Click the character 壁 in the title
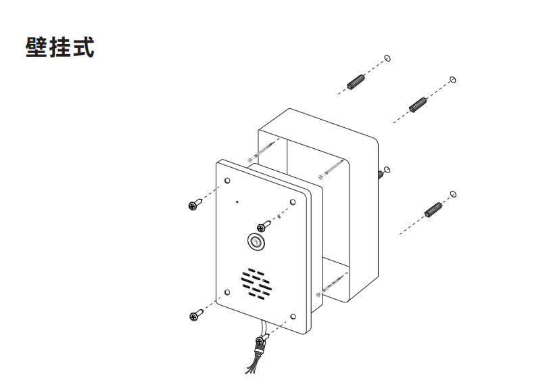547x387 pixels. coord(36,47)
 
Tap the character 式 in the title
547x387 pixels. coord(84,47)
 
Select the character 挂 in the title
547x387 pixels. coord(60,47)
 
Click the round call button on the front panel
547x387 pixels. coord(256,241)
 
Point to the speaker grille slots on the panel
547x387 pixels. coord(256,284)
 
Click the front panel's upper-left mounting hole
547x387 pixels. coord(227,181)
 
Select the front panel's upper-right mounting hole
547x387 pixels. coord(293,202)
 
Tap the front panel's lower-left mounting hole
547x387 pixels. coord(227,292)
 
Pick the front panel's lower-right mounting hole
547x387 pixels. coord(293,317)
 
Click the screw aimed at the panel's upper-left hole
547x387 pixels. coord(195,204)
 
